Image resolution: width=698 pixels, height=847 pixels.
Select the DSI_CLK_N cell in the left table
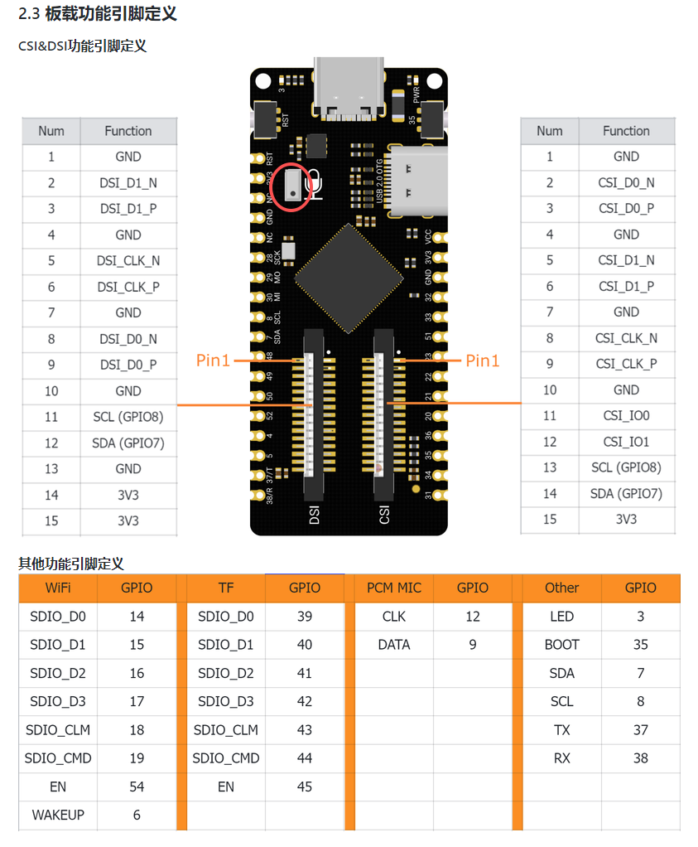(x=128, y=261)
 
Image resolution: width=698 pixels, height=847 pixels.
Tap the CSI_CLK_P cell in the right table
(x=626, y=364)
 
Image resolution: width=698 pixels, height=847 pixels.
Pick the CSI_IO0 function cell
(x=626, y=416)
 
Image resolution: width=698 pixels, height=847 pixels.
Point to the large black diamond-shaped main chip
(x=348, y=278)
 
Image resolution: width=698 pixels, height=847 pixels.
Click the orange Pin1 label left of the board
(x=214, y=361)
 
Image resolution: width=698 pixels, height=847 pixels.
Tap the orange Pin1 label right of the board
(x=484, y=361)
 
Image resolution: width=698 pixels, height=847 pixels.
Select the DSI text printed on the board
(x=314, y=514)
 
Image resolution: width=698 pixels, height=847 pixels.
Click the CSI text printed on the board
(x=383, y=514)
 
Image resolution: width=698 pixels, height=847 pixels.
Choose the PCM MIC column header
(x=393, y=588)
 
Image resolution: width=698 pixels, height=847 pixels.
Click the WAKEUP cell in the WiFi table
(x=58, y=815)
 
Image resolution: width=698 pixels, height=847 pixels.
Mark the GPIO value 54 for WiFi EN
(x=137, y=786)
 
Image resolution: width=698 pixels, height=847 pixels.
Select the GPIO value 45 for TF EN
(x=305, y=786)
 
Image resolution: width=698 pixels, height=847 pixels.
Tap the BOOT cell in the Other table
(x=561, y=645)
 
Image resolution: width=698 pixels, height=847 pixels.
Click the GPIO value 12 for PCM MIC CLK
(x=473, y=617)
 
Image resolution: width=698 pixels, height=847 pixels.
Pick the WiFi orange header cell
(x=58, y=588)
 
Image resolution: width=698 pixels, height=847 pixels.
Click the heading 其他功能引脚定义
(x=71, y=564)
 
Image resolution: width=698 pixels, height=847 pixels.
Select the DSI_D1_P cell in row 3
(x=128, y=209)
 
